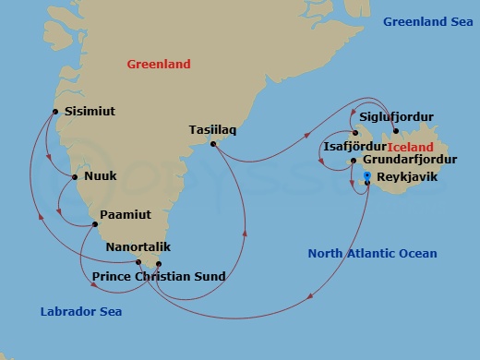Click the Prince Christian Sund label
point(159,276)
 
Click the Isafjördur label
point(354,146)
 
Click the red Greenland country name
point(159,65)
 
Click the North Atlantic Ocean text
point(373,254)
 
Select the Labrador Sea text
point(81,312)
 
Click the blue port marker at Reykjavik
point(367,176)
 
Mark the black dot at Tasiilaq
point(213,144)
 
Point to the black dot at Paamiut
point(93,224)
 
